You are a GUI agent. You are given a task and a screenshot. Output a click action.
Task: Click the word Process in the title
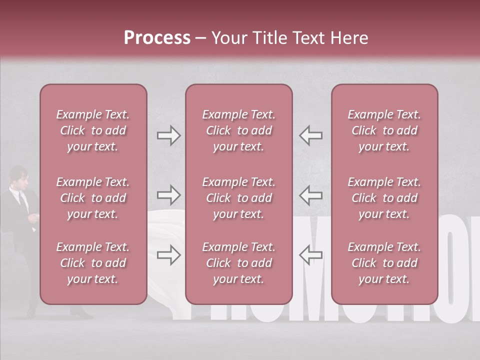tap(157, 37)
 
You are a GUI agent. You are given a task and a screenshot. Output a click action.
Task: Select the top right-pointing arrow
tap(168, 135)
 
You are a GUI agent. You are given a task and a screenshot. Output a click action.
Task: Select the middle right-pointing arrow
tap(168, 194)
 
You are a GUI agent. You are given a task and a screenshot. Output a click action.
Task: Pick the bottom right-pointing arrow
tap(168, 255)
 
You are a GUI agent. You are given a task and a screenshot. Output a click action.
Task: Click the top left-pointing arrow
tap(310, 135)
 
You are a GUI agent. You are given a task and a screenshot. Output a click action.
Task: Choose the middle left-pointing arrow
tap(310, 194)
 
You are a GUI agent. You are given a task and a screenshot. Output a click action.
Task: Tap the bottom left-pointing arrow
tap(310, 255)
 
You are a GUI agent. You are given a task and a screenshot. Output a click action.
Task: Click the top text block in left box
tap(93, 130)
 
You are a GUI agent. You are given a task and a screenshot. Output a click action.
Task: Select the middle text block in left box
tap(93, 198)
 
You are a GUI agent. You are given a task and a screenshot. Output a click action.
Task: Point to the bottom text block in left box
tap(93, 263)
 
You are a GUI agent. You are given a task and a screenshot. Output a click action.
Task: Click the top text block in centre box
tap(238, 130)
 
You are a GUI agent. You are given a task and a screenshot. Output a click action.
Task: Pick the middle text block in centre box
tap(238, 198)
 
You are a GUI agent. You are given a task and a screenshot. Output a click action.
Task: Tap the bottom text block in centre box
tap(238, 263)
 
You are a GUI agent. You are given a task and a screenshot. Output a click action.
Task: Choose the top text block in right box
tap(384, 130)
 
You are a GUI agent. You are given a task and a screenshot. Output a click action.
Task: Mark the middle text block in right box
tap(384, 198)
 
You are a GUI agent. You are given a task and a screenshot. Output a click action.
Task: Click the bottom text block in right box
tap(384, 263)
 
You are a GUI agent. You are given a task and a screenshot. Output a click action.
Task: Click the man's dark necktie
tap(22, 200)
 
